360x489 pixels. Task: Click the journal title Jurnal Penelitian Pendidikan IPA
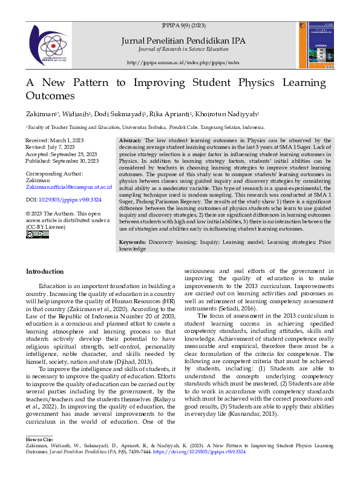[x=183, y=41]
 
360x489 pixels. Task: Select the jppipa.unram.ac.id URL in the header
[x=183, y=62]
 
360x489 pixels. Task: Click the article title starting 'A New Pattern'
[x=175, y=89]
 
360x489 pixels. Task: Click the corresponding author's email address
[x=68, y=188]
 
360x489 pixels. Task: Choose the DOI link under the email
[x=63, y=199]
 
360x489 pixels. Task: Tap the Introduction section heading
[x=44, y=272]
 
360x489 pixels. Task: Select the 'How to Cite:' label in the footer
[x=39, y=439]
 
